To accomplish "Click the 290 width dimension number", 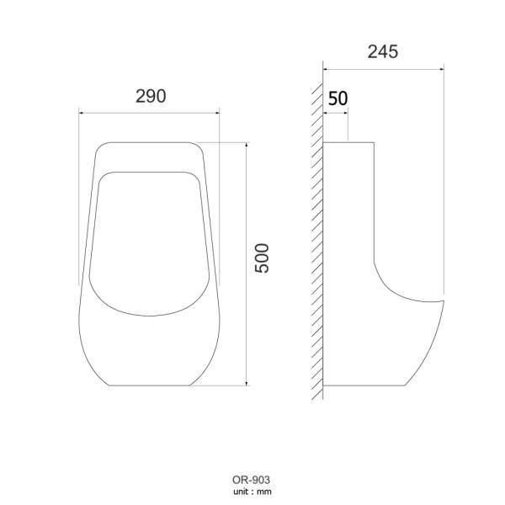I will coord(150,96).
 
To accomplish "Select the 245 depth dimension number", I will coord(383,51).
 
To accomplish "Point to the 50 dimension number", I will coord(338,98).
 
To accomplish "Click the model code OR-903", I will coord(252,481).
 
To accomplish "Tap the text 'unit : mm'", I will coord(252,492).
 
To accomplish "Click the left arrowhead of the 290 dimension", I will coord(82,109).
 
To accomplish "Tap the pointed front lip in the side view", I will coord(440,300).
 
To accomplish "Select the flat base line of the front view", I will coord(149,385).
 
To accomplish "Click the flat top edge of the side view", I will coord(349,142).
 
